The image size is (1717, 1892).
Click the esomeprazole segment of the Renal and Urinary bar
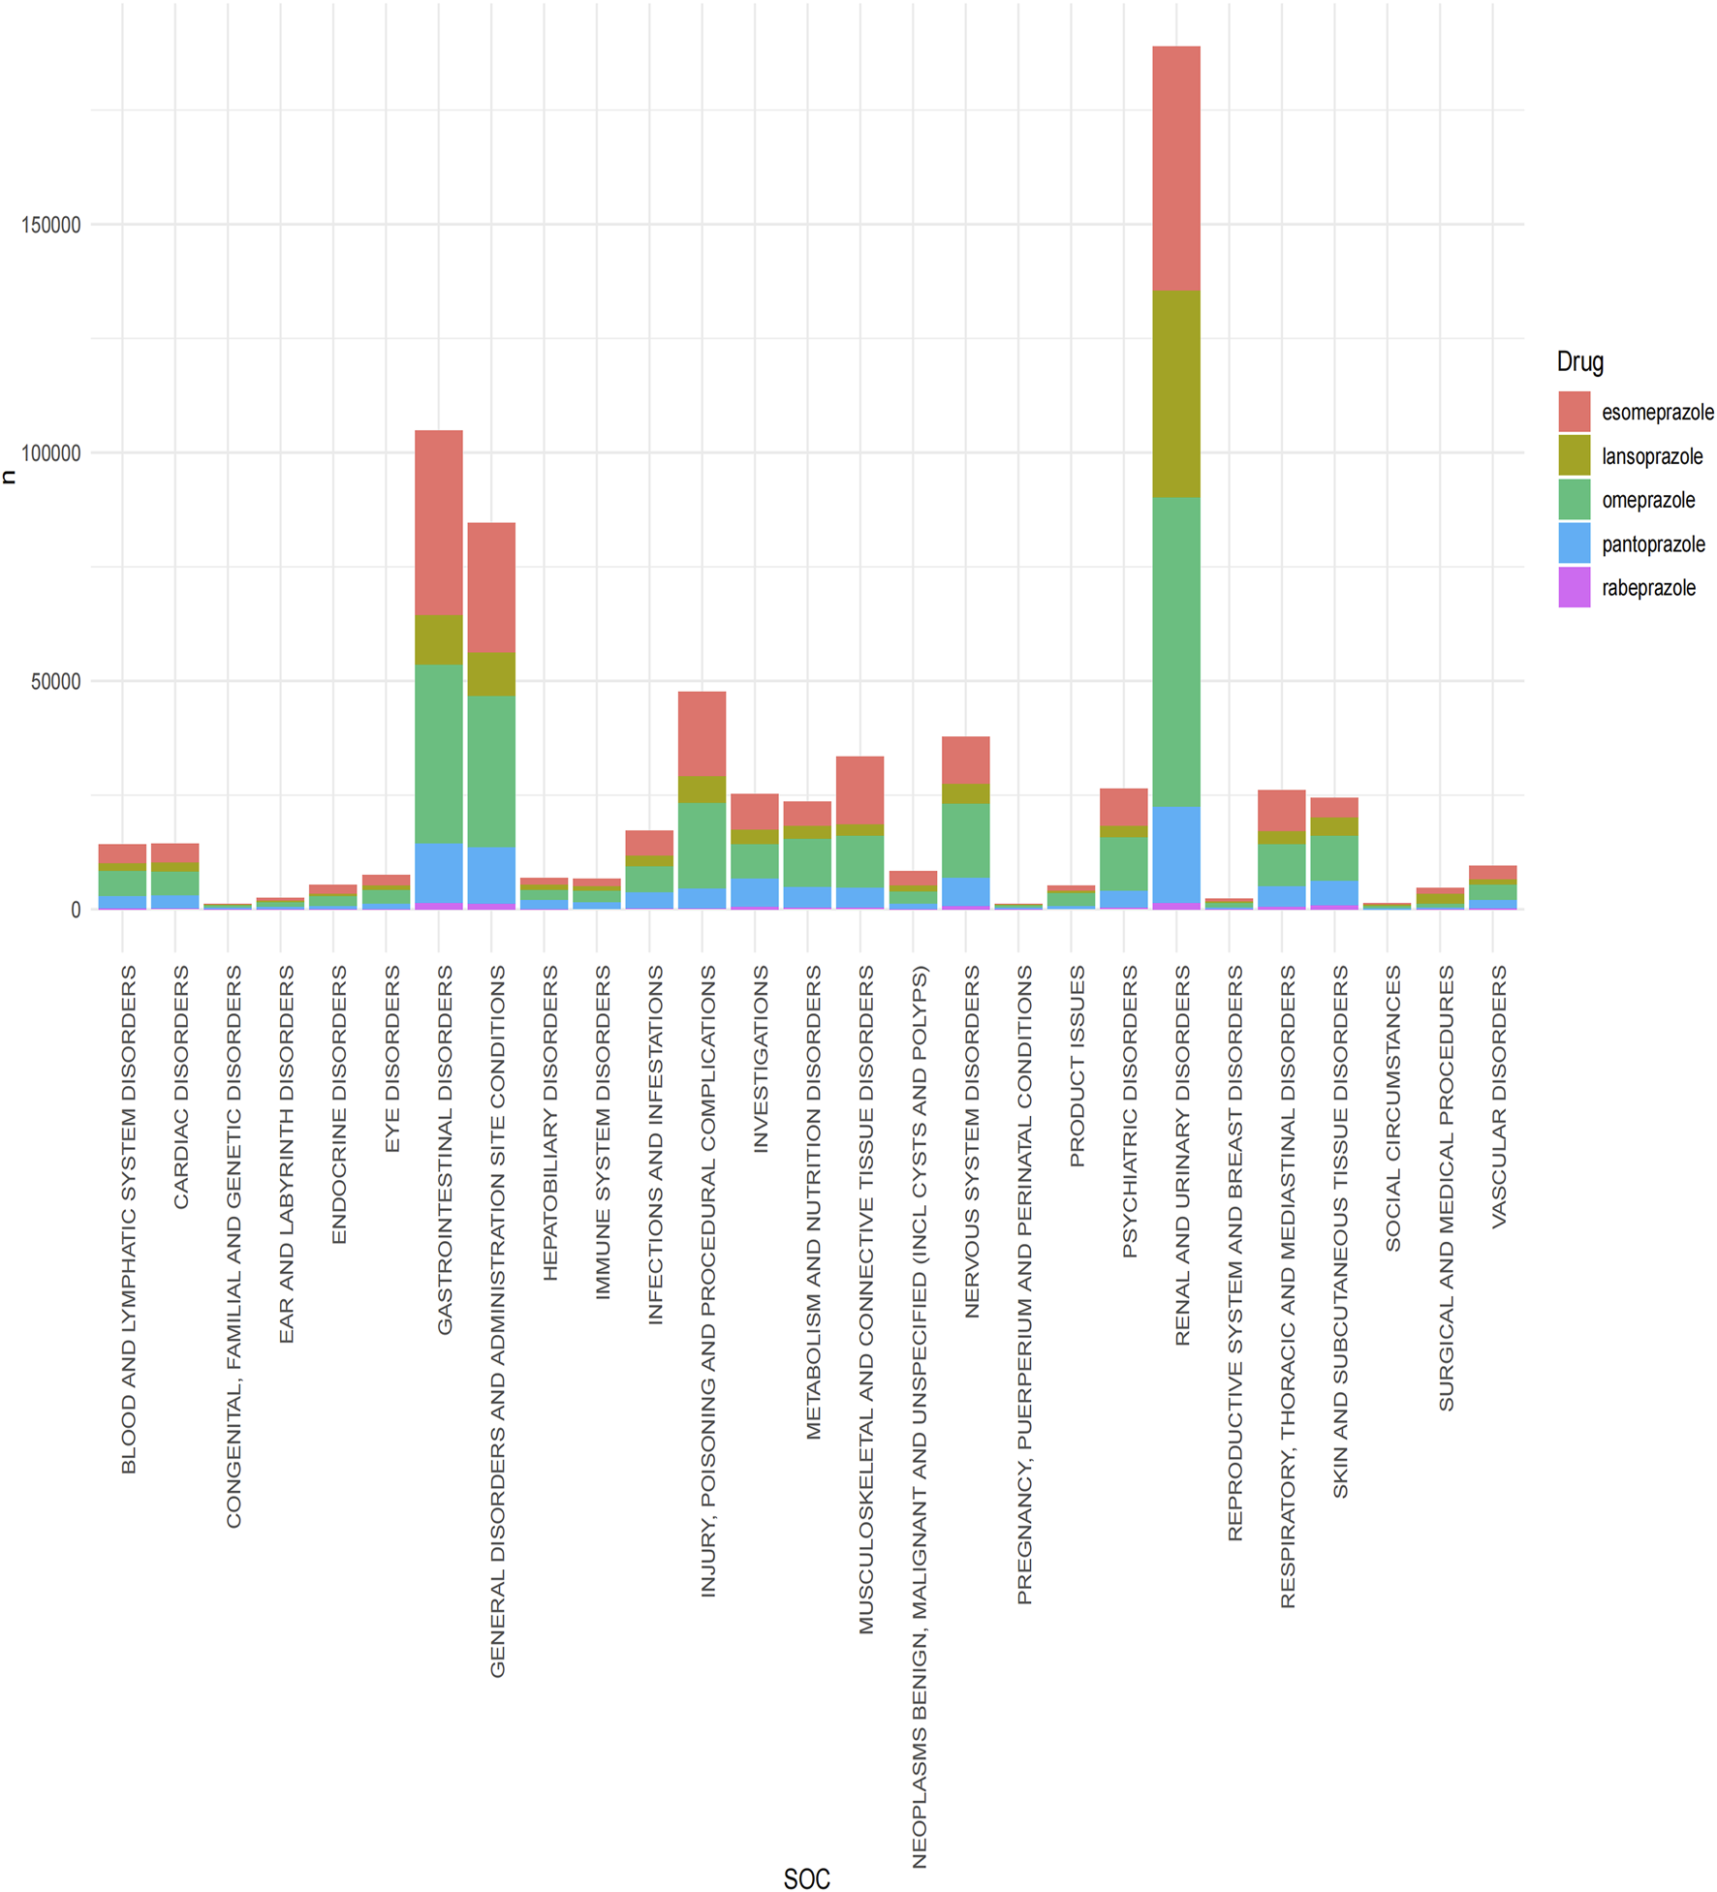click(x=1175, y=168)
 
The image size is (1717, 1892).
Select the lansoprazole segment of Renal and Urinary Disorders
click(x=1175, y=393)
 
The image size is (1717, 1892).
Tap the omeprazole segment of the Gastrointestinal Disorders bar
click(x=438, y=753)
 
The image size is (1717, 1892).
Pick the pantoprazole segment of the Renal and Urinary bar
click(x=1175, y=853)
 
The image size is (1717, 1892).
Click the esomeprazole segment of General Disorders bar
click(x=491, y=587)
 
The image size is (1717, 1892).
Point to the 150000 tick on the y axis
click(x=51, y=225)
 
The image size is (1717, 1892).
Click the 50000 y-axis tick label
click(x=56, y=681)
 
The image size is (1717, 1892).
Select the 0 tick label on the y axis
click(x=75, y=910)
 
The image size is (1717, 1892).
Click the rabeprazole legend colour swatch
click(x=1573, y=588)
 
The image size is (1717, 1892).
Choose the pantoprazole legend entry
click(x=1652, y=544)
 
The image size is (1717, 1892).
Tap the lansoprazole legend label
click(x=1651, y=456)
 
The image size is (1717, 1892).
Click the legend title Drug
click(x=1579, y=361)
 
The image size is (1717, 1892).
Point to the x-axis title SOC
click(x=806, y=1878)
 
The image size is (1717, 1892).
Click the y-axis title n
click(x=10, y=476)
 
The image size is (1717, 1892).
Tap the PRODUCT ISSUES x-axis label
click(x=1077, y=1066)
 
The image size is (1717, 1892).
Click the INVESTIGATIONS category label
click(x=761, y=1058)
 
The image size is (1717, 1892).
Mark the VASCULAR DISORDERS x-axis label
click(x=1498, y=1096)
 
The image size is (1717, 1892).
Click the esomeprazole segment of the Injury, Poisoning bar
click(x=702, y=733)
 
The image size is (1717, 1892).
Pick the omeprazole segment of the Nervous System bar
click(x=965, y=840)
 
